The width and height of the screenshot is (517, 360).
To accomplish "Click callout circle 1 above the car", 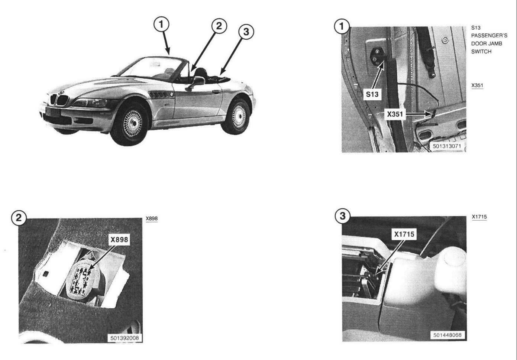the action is click(x=161, y=24).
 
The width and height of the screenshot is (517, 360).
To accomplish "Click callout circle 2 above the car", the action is click(x=219, y=26).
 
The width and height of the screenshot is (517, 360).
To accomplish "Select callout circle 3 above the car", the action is click(x=246, y=32).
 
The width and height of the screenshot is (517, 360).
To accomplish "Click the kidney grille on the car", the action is click(x=59, y=100).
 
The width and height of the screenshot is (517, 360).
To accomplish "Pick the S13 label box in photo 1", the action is click(x=372, y=94).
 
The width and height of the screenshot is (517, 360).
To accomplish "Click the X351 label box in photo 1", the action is click(x=395, y=114).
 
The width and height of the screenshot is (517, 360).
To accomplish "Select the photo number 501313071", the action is click(x=447, y=146).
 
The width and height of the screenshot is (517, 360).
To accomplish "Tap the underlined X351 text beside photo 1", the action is click(x=477, y=85).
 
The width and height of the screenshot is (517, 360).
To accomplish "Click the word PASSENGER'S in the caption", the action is click(x=489, y=36).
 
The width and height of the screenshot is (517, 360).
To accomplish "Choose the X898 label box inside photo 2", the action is click(x=119, y=240).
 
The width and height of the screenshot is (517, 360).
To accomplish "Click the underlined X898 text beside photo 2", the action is click(x=152, y=218).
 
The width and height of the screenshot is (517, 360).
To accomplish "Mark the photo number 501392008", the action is click(x=125, y=338).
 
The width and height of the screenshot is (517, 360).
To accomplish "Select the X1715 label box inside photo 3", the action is click(x=404, y=234).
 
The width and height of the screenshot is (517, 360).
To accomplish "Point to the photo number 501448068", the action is click(x=447, y=335).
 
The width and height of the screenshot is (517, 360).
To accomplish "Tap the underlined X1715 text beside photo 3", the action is click(x=479, y=217).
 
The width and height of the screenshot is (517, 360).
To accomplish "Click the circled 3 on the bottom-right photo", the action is click(x=343, y=216).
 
